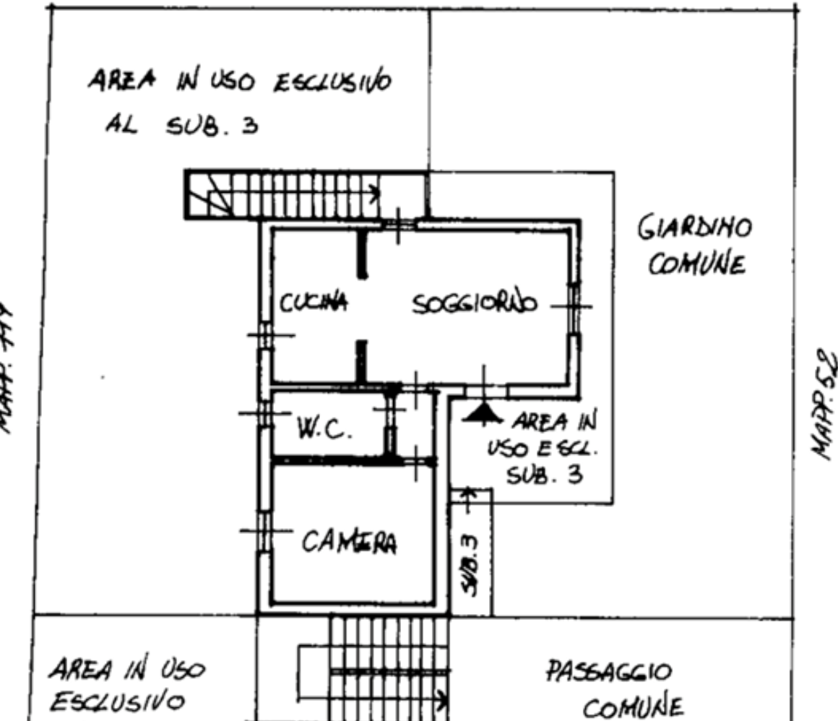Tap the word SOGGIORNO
(475, 303)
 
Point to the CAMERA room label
(350, 541)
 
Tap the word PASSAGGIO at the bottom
(608, 673)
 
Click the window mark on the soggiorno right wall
(574, 306)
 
